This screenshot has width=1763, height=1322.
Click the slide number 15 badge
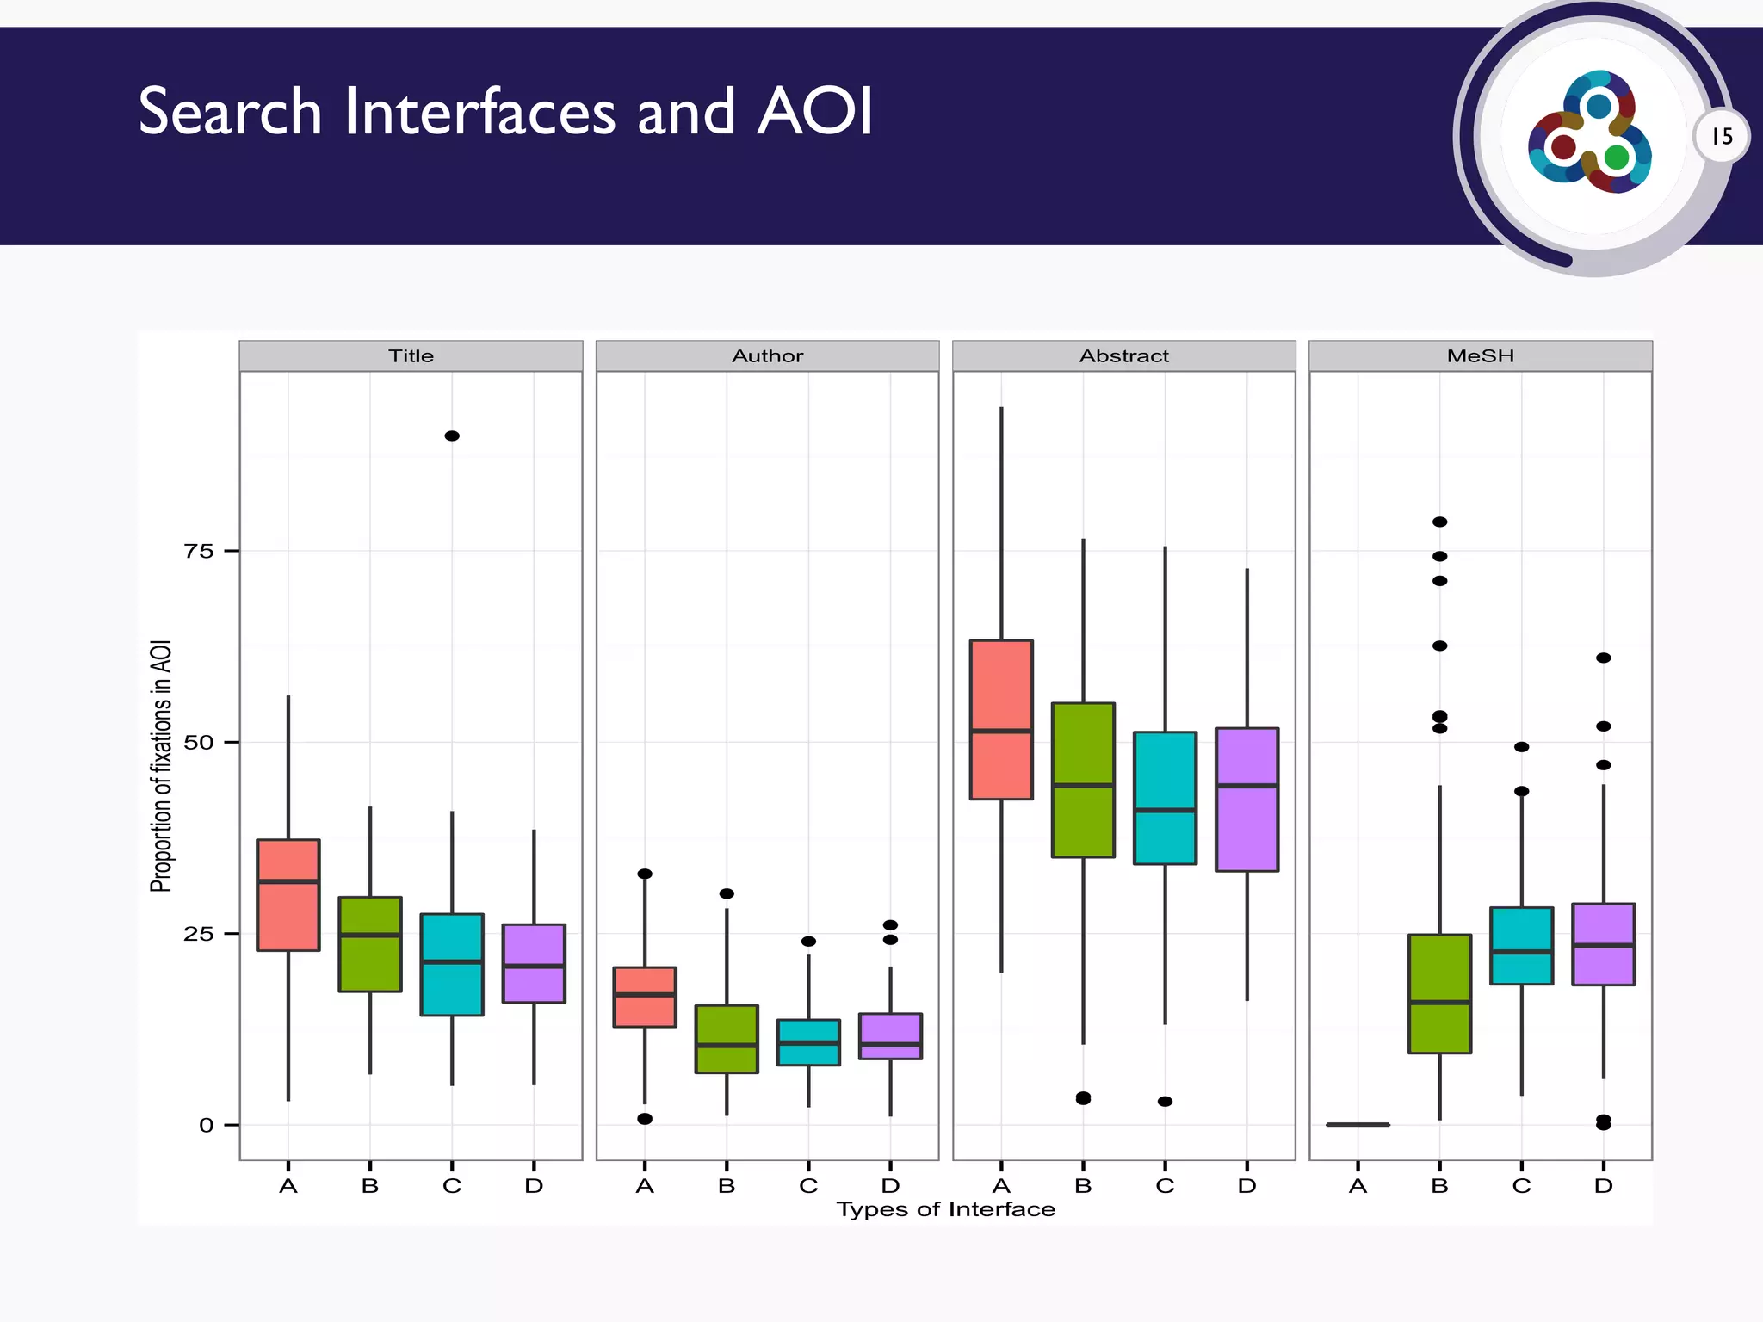tap(1722, 137)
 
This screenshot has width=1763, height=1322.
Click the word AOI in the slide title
tap(815, 112)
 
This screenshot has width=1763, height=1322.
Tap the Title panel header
tap(411, 355)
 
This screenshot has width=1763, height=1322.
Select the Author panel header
tap(767, 355)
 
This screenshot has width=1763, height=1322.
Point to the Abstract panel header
tap(1123, 355)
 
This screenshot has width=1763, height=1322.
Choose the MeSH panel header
tap(1480, 355)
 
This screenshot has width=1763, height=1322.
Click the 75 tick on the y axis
tap(199, 551)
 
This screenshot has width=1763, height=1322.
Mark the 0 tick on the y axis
tap(206, 1125)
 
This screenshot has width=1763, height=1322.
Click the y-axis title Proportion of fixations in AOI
tap(161, 765)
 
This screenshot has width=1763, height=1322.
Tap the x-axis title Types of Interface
tap(945, 1209)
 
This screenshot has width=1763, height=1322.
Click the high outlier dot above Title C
tap(452, 436)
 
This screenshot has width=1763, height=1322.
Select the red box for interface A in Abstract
tap(1001, 720)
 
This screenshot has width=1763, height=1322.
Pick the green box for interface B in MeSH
tap(1439, 993)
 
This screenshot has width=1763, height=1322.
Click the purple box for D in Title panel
tap(534, 963)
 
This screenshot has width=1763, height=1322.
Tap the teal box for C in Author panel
tap(808, 1042)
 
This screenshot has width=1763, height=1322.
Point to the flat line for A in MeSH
tap(1358, 1124)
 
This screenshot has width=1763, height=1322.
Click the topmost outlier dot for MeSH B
tap(1439, 522)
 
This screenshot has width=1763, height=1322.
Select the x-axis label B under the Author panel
tap(727, 1186)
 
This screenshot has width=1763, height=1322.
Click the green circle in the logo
tap(1617, 158)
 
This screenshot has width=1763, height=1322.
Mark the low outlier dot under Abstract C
tap(1165, 1101)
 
